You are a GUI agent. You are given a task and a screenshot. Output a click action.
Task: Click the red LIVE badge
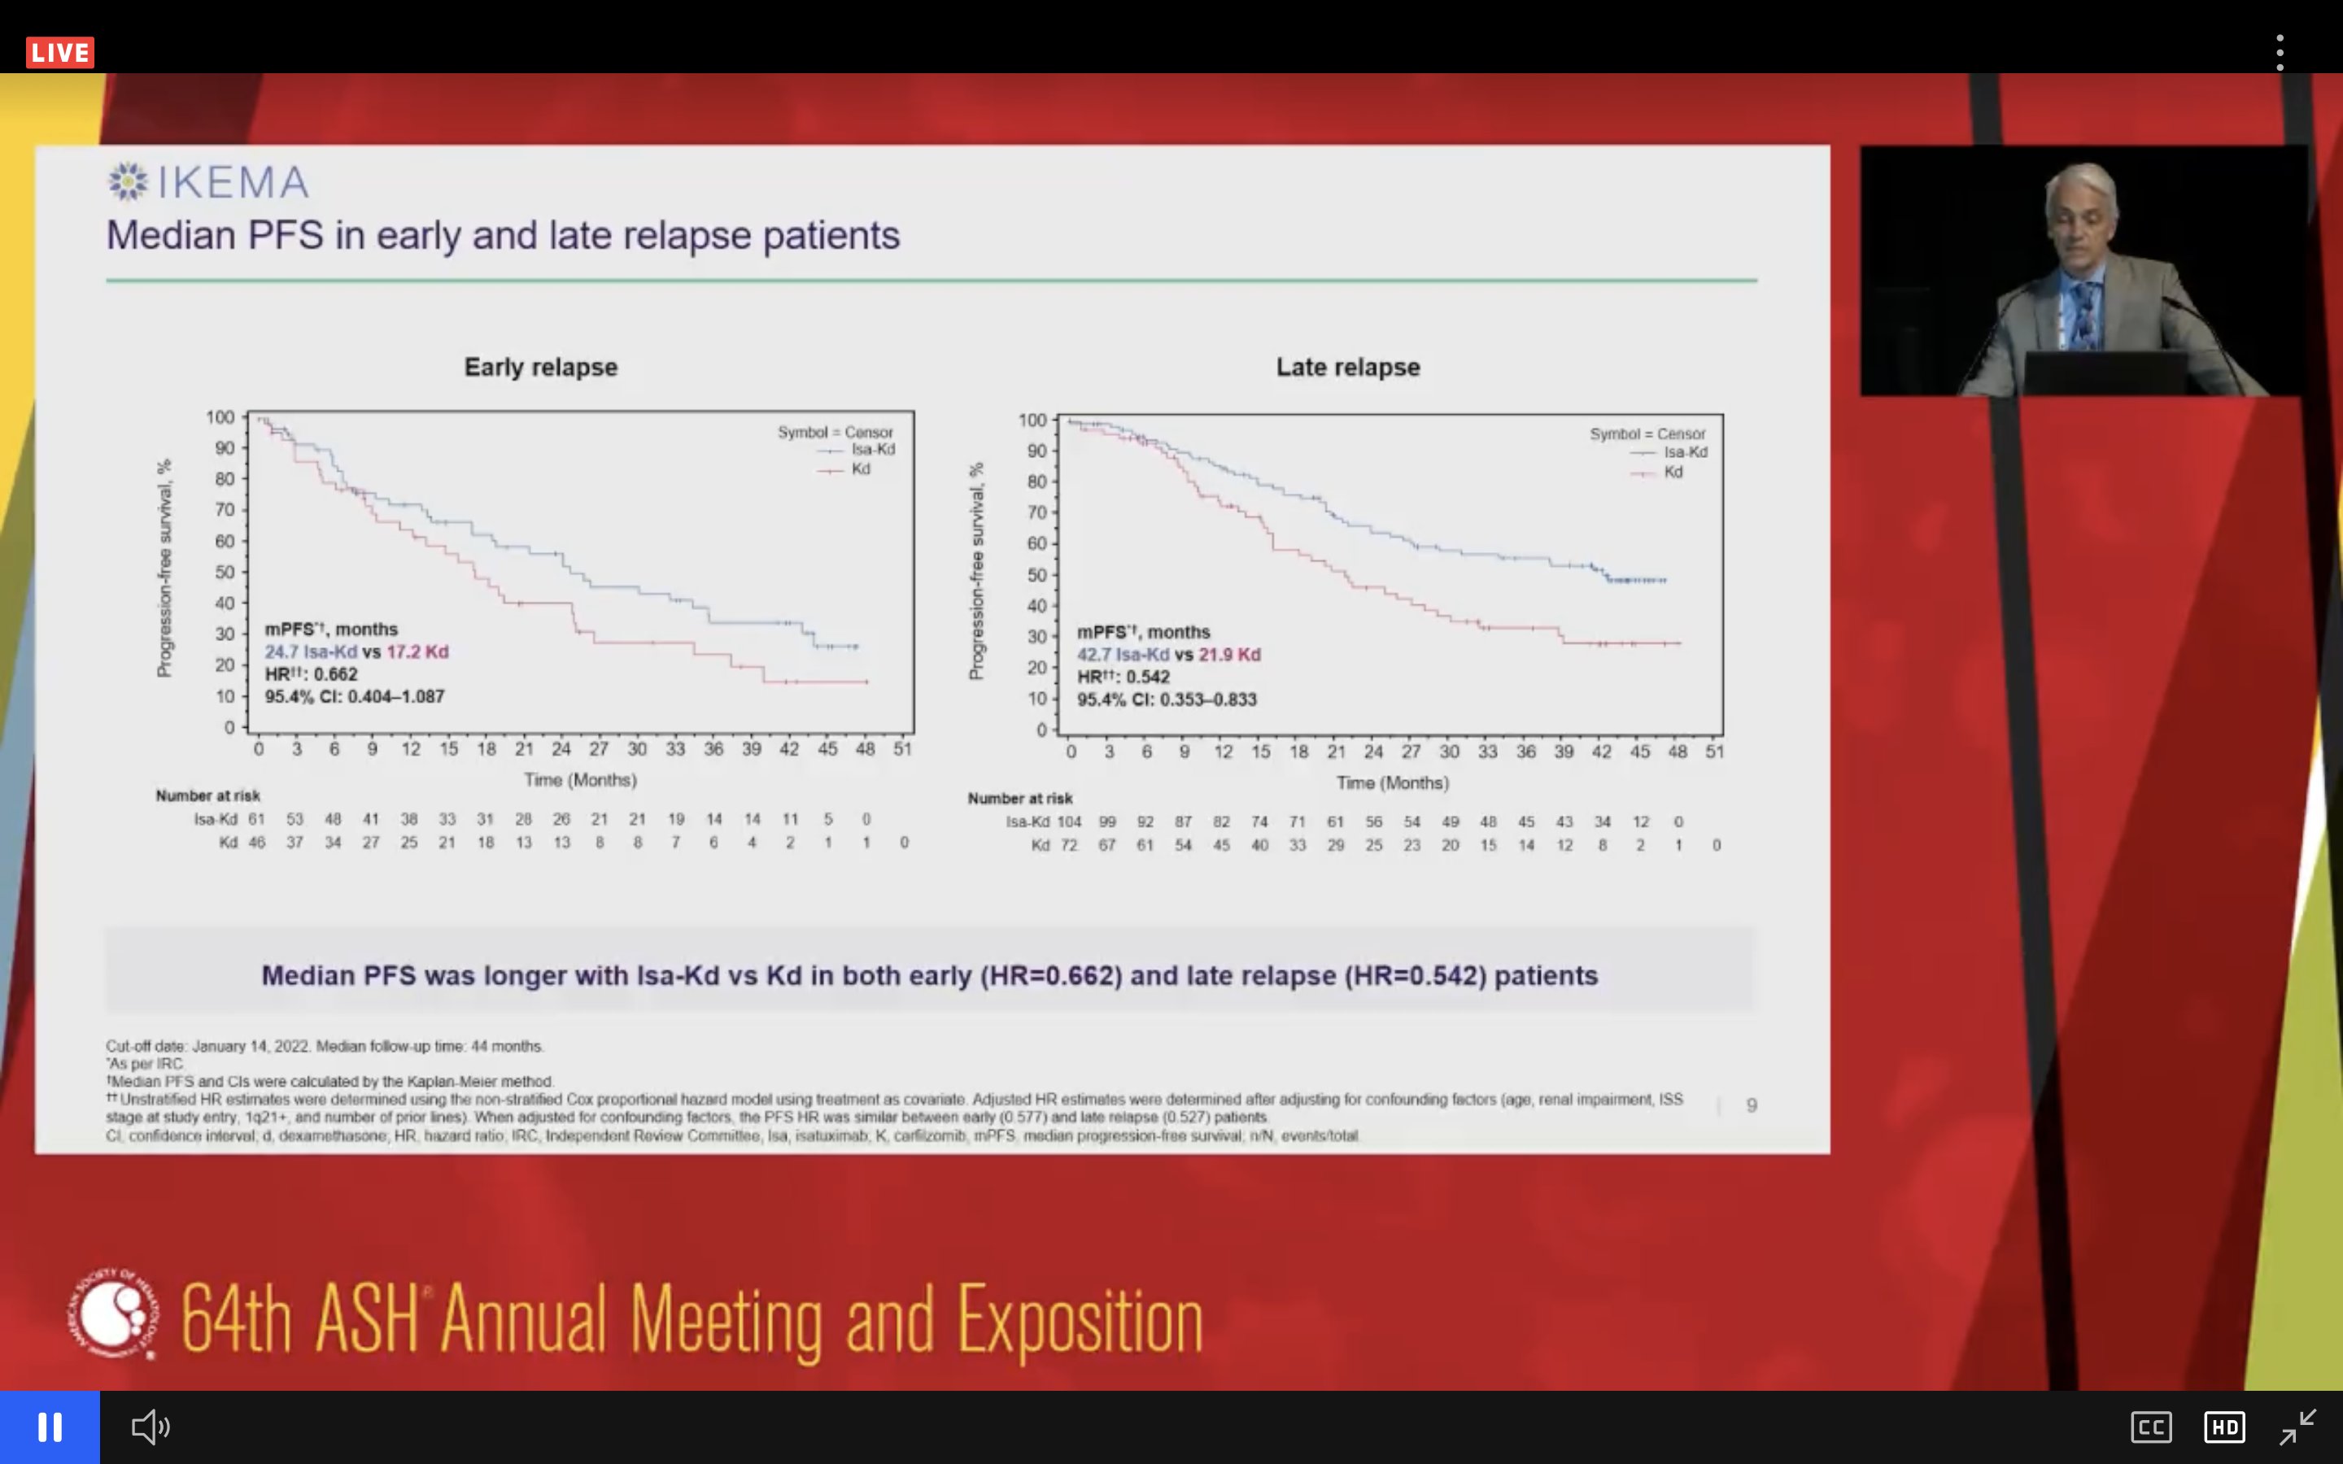click(60, 52)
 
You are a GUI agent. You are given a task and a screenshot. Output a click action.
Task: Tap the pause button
click(50, 1427)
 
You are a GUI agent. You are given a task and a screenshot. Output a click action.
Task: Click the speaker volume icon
click(150, 1427)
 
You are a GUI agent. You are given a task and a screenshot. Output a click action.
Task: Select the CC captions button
click(2150, 1427)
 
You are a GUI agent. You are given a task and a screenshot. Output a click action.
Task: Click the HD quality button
click(2224, 1427)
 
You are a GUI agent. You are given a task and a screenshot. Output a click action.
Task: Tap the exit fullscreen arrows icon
click(2297, 1427)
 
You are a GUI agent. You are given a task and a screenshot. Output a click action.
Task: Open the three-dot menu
click(2280, 52)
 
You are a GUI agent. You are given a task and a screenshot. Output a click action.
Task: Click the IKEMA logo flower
click(128, 181)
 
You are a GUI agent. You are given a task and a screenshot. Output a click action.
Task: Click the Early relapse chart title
click(540, 367)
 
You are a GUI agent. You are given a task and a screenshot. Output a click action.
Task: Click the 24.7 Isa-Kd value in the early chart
click(310, 651)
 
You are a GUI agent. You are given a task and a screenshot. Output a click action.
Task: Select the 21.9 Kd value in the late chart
click(1228, 655)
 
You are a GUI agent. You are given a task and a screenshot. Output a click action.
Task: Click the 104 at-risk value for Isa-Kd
click(1069, 821)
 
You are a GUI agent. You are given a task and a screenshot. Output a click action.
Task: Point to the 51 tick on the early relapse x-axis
click(902, 748)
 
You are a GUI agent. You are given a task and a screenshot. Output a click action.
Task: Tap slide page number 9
click(1751, 1105)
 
